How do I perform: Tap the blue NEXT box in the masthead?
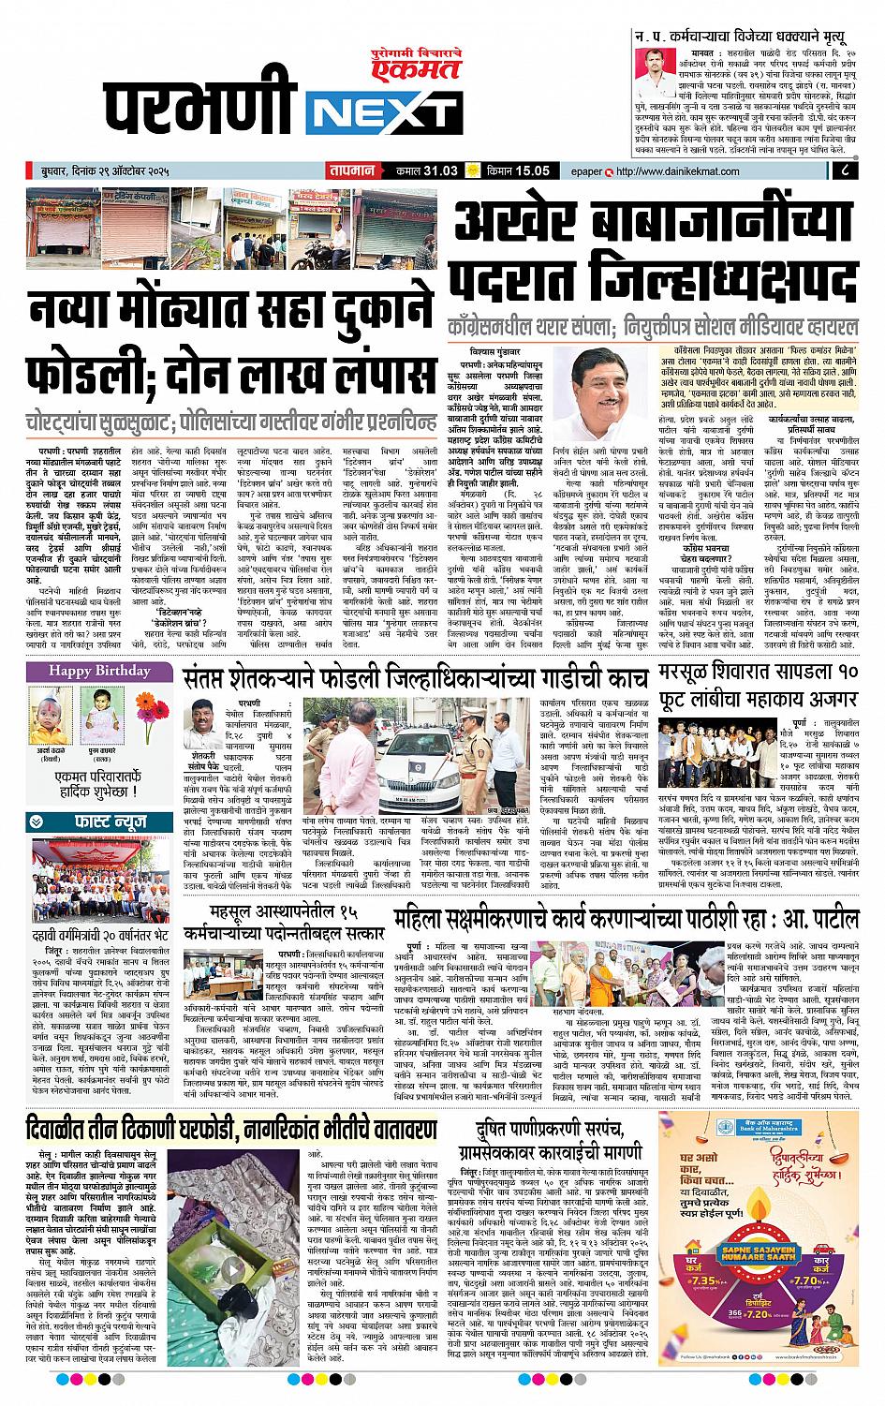tap(380, 116)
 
